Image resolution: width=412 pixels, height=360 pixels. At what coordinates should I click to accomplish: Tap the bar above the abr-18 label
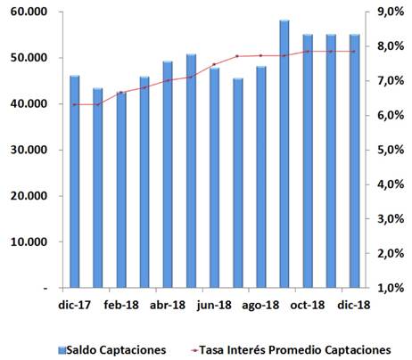[168, 175]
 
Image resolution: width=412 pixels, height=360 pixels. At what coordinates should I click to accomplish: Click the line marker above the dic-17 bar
[75, 104]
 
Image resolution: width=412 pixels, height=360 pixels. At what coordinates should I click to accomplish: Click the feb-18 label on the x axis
[119, 305]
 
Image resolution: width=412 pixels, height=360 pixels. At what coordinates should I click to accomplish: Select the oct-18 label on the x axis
[305, 305]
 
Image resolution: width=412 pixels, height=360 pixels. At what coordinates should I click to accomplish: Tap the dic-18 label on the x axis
[354, 305]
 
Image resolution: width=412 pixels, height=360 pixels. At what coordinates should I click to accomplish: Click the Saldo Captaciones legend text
[120, 349]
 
